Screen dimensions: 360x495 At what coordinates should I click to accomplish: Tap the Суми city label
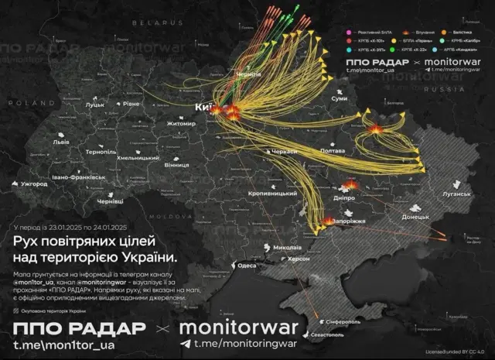click(x=339, y=99)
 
